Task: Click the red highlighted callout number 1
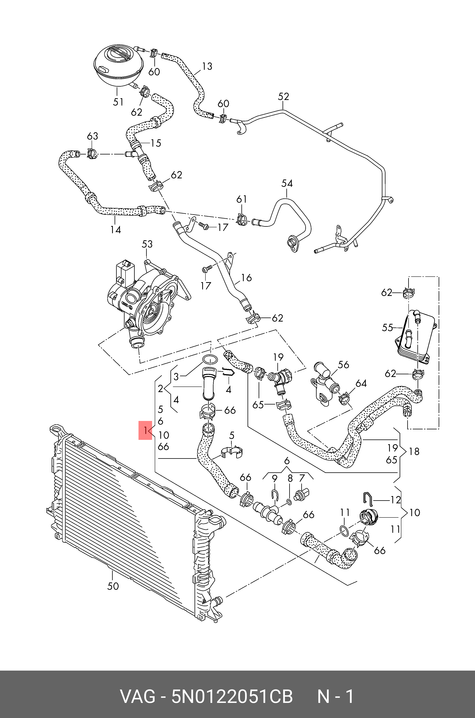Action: click(145, 430)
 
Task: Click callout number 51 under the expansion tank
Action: click(118, 102)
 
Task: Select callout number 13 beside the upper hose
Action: click(207, 66)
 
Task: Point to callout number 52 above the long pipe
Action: click(283, 97)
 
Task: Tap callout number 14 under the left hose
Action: click(115, 230)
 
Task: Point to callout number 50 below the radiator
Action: click(113, 586)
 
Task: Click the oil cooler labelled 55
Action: click(416, 336)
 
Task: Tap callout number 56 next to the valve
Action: click(343, 365)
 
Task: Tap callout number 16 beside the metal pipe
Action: click(246, 278)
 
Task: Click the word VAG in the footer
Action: click(138, 697)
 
